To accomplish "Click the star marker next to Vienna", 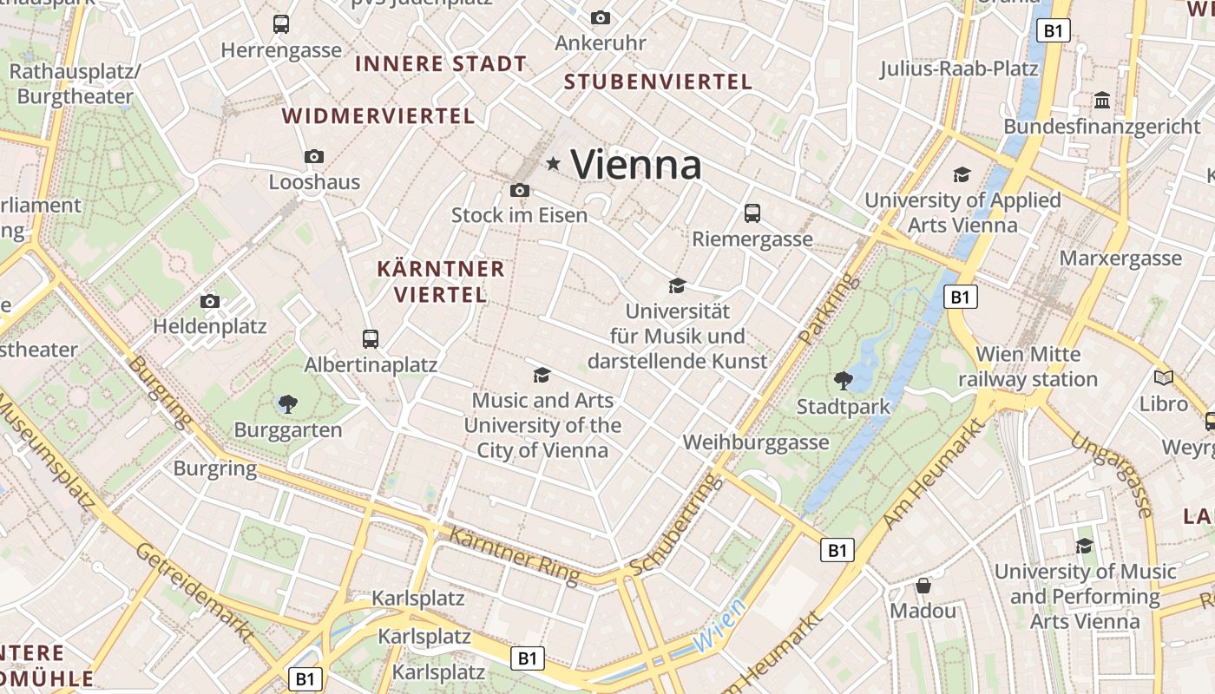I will [553, 163].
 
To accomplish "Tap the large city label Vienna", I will [636, 164].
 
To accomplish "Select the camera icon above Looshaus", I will [314, 157].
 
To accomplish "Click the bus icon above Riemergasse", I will [752, 213].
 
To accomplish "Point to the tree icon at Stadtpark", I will [842, 380].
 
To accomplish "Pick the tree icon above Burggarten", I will [288, 403].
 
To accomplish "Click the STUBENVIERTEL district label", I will [658, 82].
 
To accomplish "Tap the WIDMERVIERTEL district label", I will [378, 116].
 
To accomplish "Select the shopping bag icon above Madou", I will [923, 586].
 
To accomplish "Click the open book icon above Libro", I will [1163, 377].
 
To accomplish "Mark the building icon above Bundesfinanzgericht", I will [1102, 100].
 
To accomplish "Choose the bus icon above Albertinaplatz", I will [371, 338].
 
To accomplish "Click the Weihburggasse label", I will [756, 442].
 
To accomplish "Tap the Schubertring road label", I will [675, 526].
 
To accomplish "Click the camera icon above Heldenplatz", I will [210, 301].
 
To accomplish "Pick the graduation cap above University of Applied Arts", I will [962, 174].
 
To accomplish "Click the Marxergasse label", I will [1120, 259].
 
